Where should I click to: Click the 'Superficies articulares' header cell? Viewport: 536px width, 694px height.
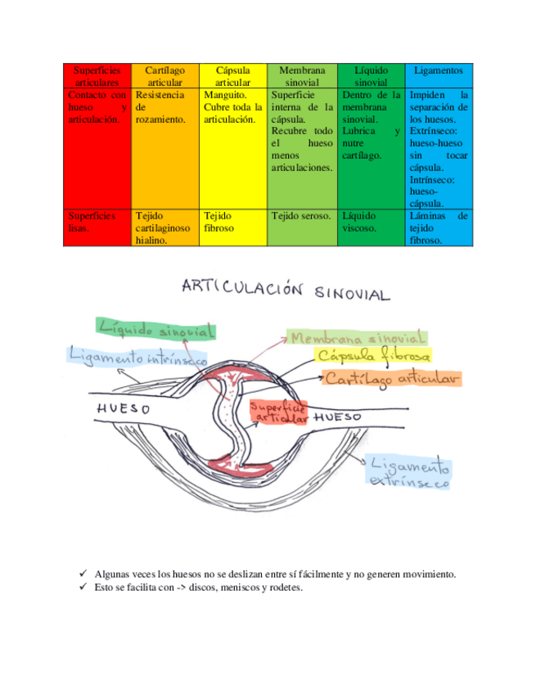click(x=97, y=76)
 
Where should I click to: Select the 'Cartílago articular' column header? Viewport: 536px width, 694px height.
click(x=164, y=76)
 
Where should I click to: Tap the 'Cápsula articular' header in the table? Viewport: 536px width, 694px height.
click(x=232, y=76)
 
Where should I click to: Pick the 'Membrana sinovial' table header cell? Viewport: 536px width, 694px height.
click(x=301, y=76)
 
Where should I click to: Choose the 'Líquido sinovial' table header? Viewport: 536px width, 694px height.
click(x=371, y=76)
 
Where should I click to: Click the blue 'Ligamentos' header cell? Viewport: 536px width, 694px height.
click(x=439, y=71)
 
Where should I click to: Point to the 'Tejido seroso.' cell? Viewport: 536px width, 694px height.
click(x=301, y=216)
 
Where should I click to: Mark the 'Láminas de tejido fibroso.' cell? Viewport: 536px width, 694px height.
click(x=439, y=228)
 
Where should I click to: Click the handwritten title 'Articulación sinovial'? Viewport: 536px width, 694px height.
click(x=286, y=291)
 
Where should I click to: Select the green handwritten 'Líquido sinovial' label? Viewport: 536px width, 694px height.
click(x=156, y=329)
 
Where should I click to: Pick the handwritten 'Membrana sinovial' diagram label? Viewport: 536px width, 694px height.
click(x=357, y=338)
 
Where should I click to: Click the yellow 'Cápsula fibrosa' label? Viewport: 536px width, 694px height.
click(x=373, y=357)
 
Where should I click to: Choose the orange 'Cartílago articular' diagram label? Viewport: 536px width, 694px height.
click(x=391, y=378)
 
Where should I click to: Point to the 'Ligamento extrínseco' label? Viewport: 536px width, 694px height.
click(x=409, y=475)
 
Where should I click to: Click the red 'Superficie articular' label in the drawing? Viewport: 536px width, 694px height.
click(x=278, y=412)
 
